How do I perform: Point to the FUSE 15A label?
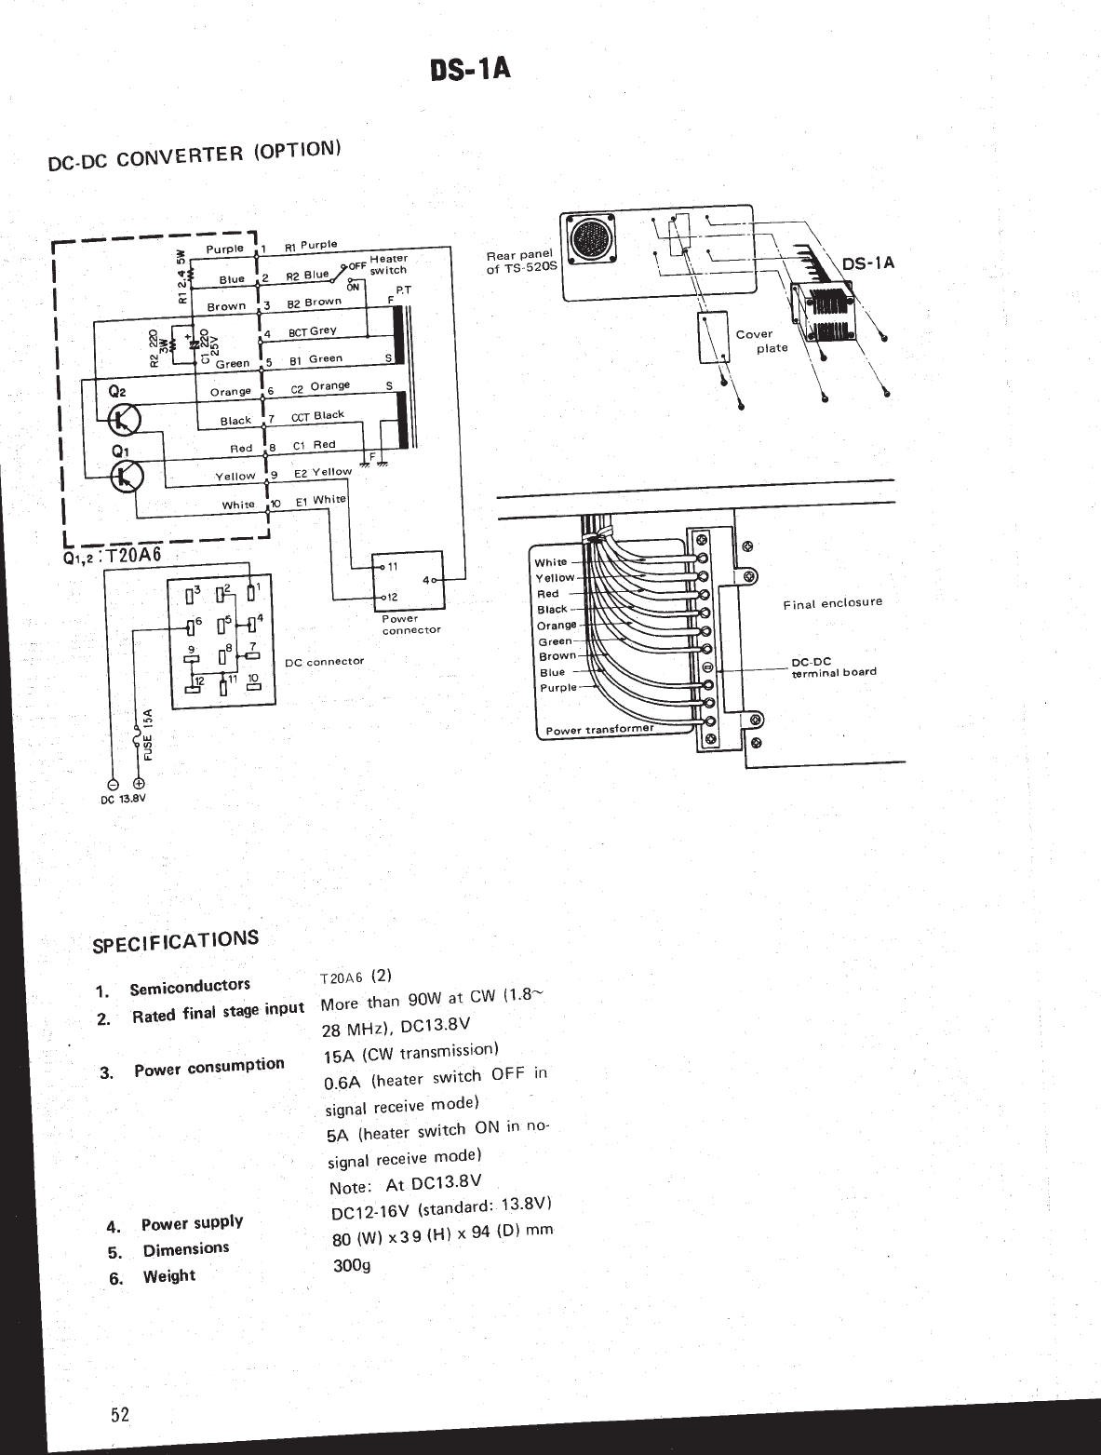(x=147, y=734)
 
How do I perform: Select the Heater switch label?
(x=388, y=264)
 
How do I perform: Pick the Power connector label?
(x=411, y=624)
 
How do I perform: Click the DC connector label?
(x=324, y=662)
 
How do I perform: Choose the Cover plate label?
(x=762, y=341)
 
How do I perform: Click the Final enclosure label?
(x=832, y=603)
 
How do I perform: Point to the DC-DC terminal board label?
(x=833, y=667)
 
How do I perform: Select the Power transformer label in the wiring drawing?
(x=599, y=729)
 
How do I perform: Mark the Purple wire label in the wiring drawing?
(x=558, y=688)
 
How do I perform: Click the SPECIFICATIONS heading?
(x=176, y=941)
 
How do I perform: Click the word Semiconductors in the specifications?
(x=190, y=987)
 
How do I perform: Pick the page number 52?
(x=120, y=1416)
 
